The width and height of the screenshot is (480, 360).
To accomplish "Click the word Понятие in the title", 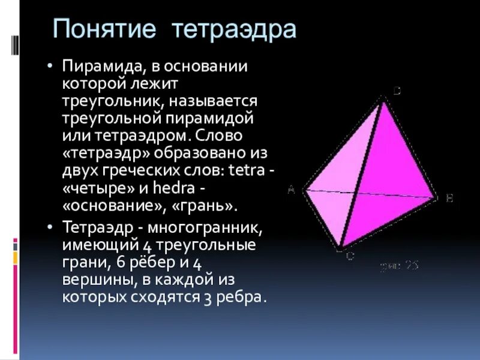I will pyautogui.click(x=106, y=29).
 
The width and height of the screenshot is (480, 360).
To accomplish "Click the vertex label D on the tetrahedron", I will pyautogui.click(x=397, y=91).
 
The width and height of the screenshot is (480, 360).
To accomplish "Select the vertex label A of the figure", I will pyautogui.click(x=291, y=190).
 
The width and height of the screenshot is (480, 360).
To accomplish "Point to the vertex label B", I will pyautogui.click(x=449, y=198).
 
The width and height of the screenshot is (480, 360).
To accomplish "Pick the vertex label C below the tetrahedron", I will pyautogui.click(x=349, y=256).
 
